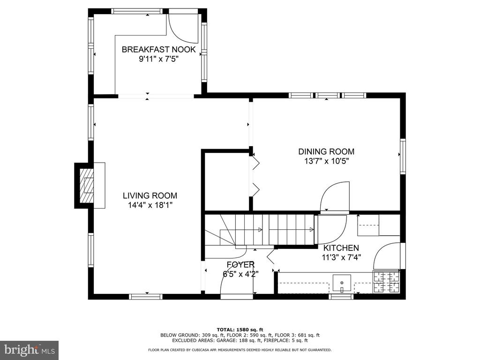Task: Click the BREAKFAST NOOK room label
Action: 158,50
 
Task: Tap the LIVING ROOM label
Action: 150,195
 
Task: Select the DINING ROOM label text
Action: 326,151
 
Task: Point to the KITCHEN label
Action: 341,248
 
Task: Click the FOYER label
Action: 240,264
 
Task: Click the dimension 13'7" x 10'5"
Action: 327,161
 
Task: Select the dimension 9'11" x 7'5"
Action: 158,59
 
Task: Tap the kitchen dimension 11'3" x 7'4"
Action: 341,257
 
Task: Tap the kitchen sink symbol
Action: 342,284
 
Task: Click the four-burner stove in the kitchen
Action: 386,282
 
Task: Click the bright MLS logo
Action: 30,350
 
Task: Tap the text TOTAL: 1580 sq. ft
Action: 240,330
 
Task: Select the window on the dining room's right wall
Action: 403,157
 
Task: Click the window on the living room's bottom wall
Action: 146,296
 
